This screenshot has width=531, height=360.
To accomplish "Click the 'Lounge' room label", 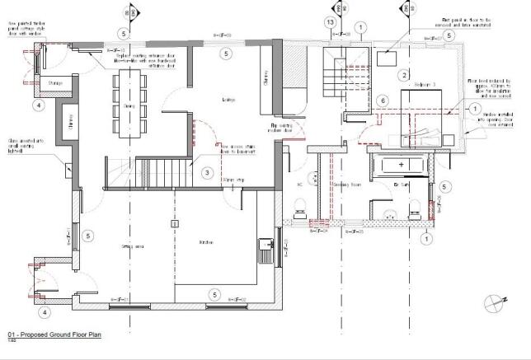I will (228, 101).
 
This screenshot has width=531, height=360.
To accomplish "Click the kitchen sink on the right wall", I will (266, 246).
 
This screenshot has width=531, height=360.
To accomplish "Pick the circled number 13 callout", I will (330, 21).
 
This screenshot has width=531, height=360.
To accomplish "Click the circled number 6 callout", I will (382, 101).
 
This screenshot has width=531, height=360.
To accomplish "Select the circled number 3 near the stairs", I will (207, 171).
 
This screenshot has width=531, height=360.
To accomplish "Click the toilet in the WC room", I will (302, 206).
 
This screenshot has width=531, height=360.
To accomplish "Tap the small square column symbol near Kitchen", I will (173, 223).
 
